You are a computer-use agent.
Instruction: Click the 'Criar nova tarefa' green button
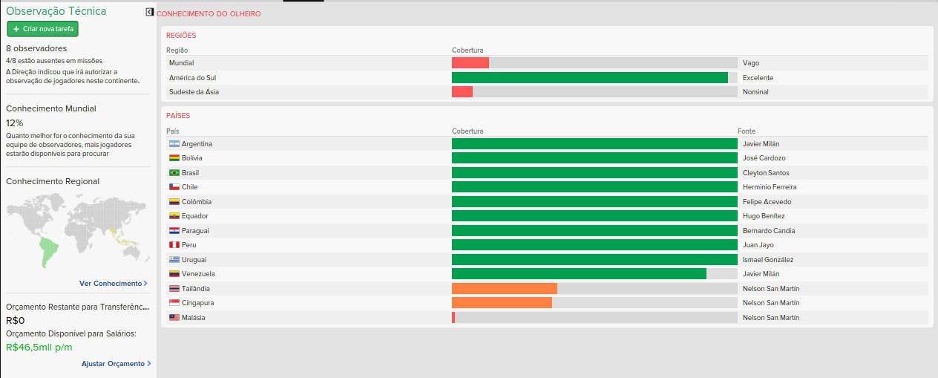tap(42, 28)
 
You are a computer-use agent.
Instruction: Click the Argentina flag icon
tap(174, 143)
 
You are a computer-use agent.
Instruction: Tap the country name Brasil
tap(190, 172)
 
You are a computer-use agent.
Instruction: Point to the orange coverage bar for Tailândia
tap(504, 288)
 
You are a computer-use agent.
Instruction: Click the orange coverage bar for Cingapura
tap(502, 303)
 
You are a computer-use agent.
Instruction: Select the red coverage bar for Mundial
tap(470, 63)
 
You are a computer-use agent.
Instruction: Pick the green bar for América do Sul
tap(589, 77)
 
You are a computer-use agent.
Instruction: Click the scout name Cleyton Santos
tap(766, 172)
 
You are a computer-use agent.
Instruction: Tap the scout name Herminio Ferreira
tap(770, 187)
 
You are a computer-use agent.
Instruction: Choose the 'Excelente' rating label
tap(758, 77)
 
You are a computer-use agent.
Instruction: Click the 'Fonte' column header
tap(747, 131)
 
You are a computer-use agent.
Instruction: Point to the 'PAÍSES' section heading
tap(178, 116)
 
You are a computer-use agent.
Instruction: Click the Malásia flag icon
tap(174, 317)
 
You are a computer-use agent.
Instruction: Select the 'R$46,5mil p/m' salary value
tap(39, 347)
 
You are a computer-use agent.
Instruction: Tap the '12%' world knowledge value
tap(15, 123)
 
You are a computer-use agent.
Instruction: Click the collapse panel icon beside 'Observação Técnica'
tap(149, 12)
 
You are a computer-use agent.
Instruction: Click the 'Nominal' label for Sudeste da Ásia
tap(755, 92)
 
